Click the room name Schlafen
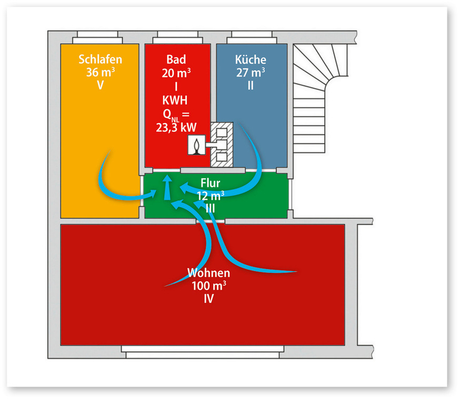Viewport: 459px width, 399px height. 100,58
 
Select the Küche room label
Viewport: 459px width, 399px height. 251,58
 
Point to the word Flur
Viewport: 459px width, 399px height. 210,183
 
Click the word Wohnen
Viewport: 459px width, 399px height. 209,274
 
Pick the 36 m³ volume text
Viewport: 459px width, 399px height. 100,72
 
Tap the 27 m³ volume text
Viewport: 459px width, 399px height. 251,72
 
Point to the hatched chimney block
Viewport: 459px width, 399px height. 222,143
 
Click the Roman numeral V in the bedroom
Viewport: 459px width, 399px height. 100,84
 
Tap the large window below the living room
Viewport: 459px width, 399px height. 202,351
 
